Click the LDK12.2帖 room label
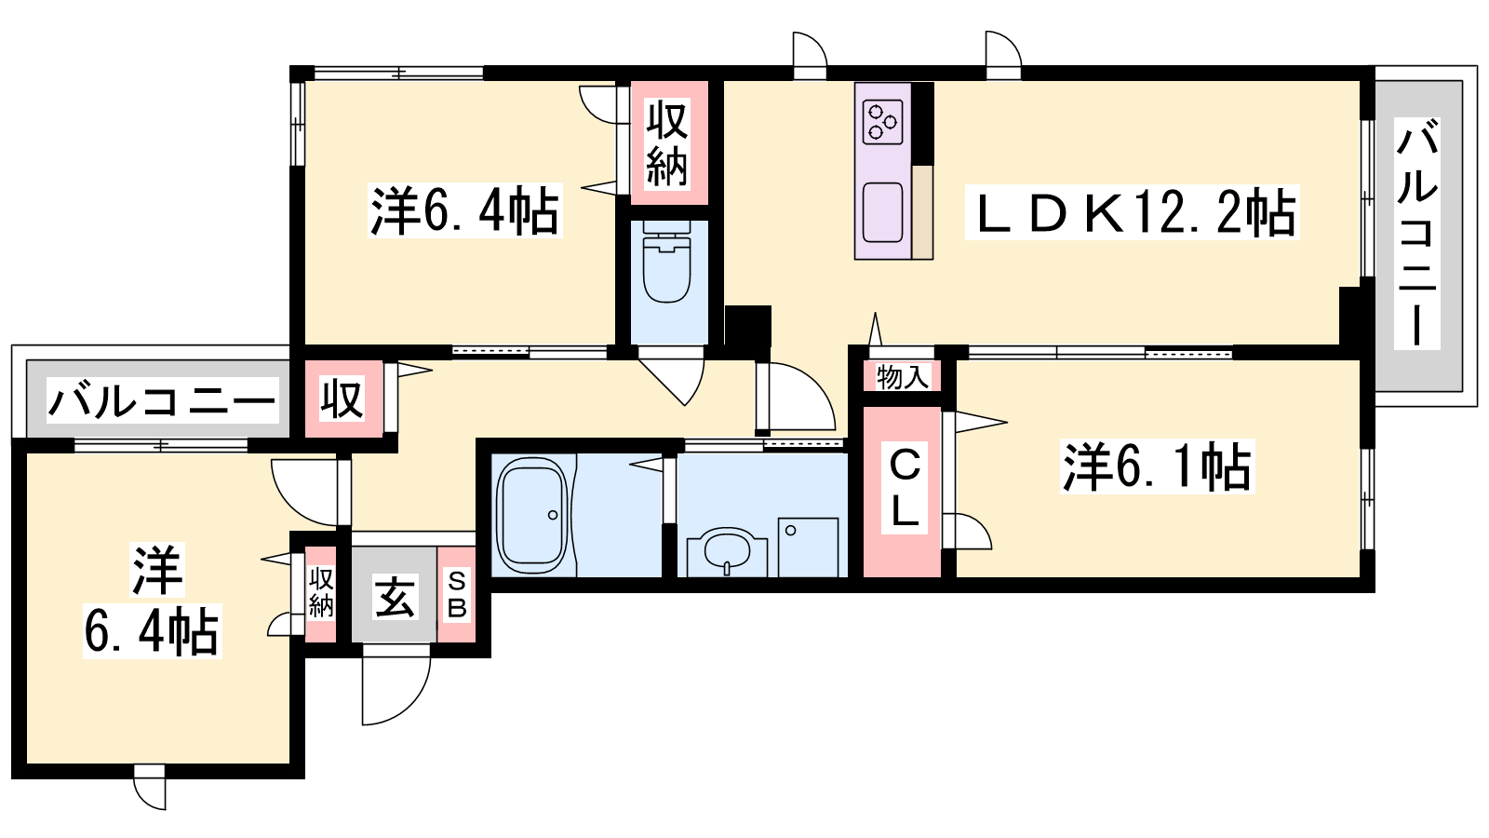1133,213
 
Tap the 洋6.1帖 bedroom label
1158,466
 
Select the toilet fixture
666,264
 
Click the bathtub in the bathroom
533,514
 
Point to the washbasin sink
727,550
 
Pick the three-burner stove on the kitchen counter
883,121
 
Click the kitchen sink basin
883,212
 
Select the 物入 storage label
902,377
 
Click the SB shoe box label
457,595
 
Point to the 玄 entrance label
395,597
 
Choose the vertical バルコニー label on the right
1417,234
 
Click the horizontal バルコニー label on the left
162,400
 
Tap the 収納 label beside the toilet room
666,143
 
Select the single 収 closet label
342,399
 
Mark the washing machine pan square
808,547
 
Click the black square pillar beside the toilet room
748,325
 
